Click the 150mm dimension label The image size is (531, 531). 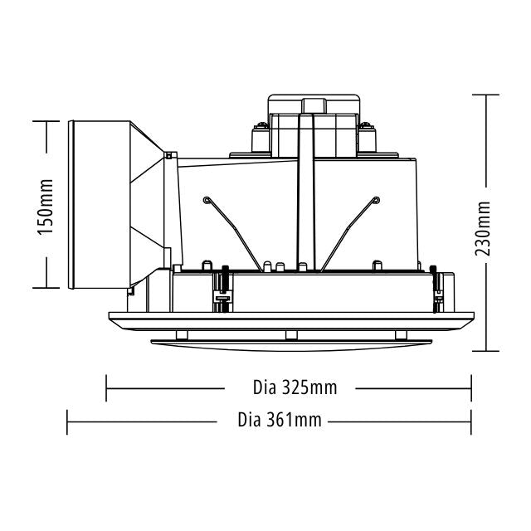tap(46, 206)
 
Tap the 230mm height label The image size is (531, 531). tap(485, 229)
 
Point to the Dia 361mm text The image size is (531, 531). tap(279, 420)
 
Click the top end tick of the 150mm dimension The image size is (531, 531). tap(46, 121)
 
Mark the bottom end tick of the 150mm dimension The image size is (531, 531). tap(46, 289)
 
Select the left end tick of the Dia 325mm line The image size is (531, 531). tap(107, 387)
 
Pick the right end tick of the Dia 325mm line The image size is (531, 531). tap(471, 387)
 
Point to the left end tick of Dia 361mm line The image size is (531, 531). tap(67, 421)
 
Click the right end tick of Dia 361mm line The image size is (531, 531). tap(471, 421)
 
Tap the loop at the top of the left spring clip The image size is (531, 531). tap(205, 199)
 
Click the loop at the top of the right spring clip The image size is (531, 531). tap(376, 199)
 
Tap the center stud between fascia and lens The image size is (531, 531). tap(290, 334)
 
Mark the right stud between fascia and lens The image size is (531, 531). tap(401, 334)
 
